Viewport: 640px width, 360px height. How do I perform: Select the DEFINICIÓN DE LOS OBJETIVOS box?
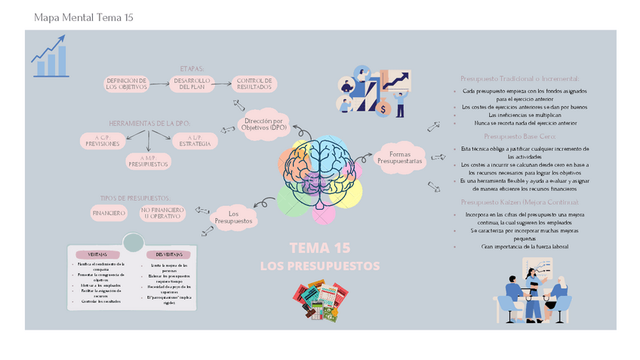coord(126,84)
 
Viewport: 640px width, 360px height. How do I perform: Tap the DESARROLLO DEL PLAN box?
coord(192,84)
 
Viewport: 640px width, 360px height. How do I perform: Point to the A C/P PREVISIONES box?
coord(102,140)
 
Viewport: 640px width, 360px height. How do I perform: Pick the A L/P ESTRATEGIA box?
coord(195,140)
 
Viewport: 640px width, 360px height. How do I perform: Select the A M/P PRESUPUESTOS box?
coord(149,161)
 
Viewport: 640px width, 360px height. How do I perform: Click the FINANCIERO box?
coord(109,214)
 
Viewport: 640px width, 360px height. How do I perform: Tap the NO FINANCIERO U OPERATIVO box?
coord(161,214)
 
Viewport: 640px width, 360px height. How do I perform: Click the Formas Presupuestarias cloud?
coord(400,158)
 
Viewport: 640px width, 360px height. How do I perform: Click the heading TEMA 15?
coord(319,248)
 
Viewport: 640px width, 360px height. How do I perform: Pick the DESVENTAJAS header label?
coord(169,254)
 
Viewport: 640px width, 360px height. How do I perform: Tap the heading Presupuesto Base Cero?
coord(520,137)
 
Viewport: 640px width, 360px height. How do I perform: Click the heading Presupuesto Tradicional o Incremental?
coord(520,78)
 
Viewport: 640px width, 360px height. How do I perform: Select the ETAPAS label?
coord(192,68)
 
